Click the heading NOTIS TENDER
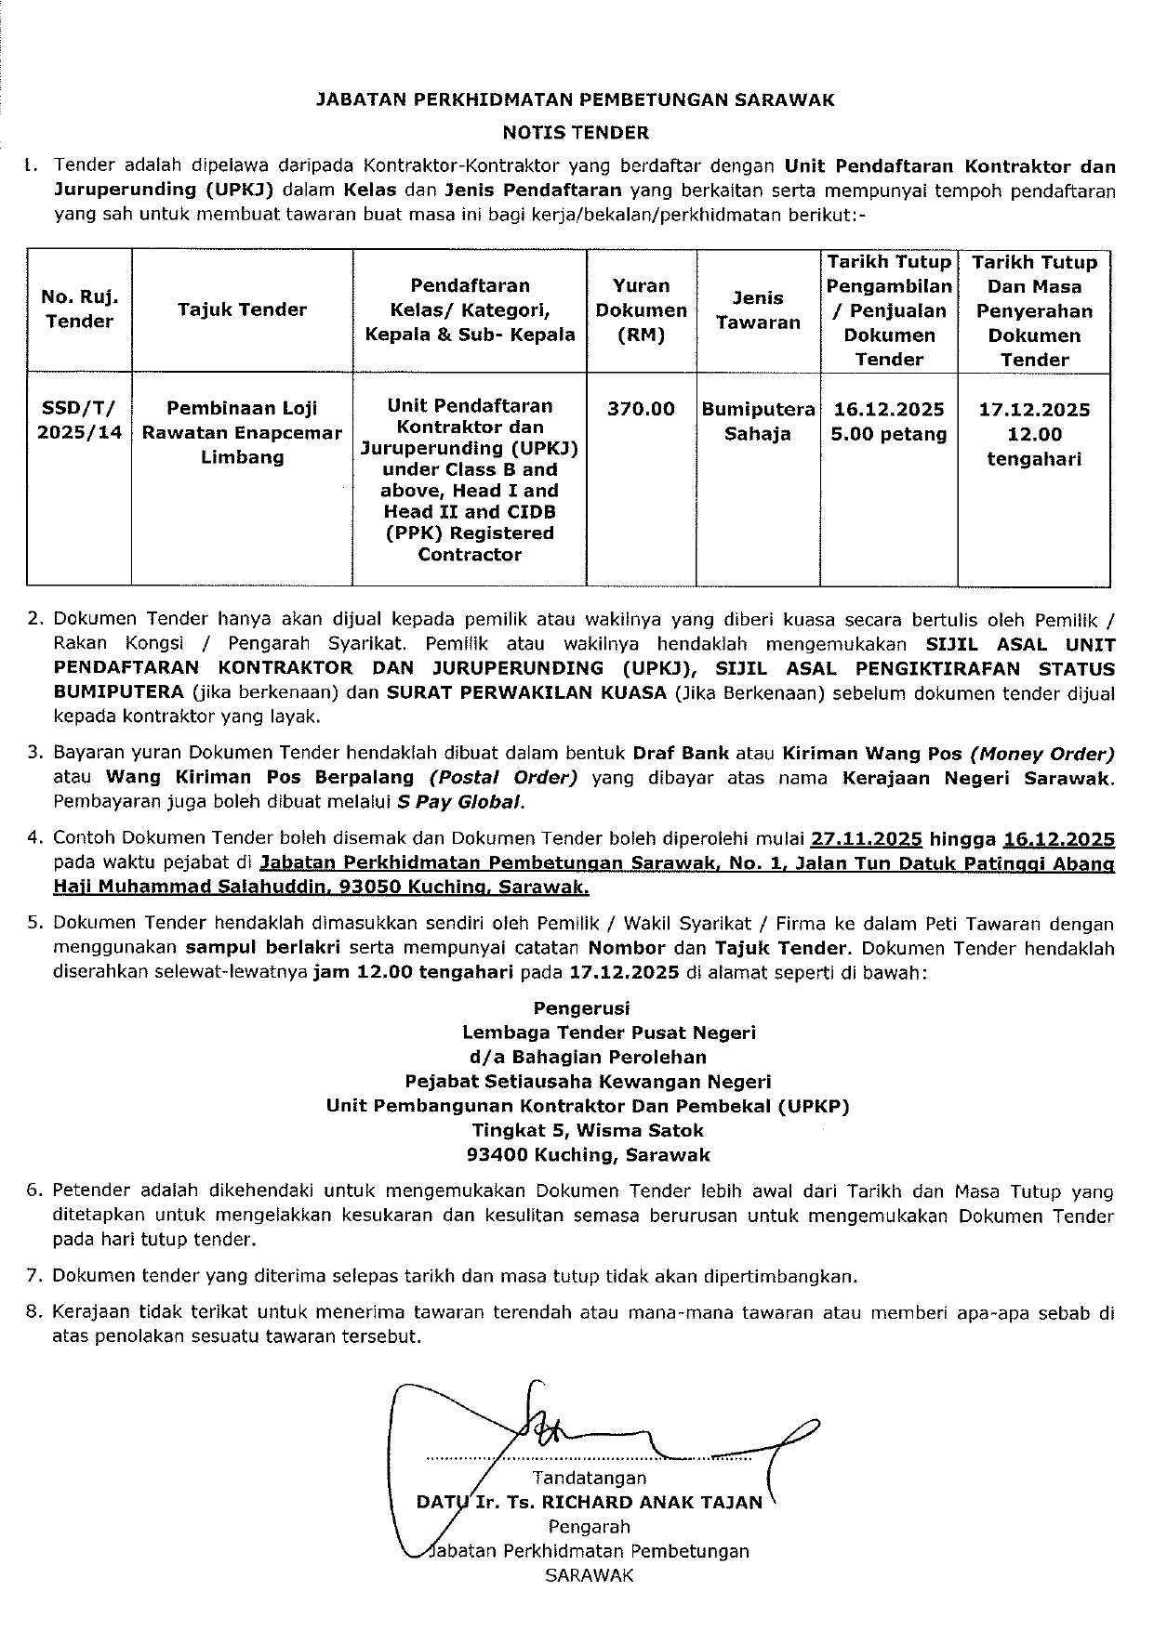click(x=576, y=132)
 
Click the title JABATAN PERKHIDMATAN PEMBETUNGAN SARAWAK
click(x=576, y=99)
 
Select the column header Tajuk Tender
click(x=242, y=310)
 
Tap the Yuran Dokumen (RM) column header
click(x=641, y=310)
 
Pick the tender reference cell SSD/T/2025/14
click(x=80, y=420)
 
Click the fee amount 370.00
click(x=641, y=409)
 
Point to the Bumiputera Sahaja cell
click(x=758, y=421)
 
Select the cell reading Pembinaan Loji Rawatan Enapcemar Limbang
click(x=242, y=432)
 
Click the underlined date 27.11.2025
click(x=867, y=839)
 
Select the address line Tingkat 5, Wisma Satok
click(x=588, y=1130)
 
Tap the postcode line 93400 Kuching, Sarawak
click(x=588, y=1155)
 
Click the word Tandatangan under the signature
click(x=589, y=1477)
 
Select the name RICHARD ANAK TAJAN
click(x=652, y=1501)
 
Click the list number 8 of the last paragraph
click(x=34, y=1312)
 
